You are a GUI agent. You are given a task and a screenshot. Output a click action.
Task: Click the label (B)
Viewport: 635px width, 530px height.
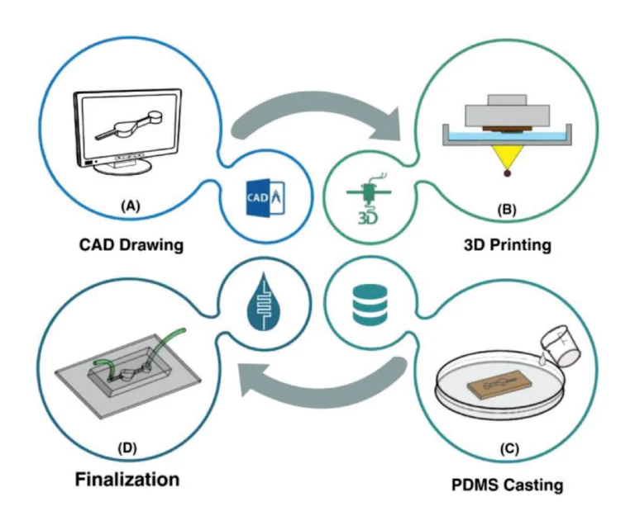click(x=504, y=210)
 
